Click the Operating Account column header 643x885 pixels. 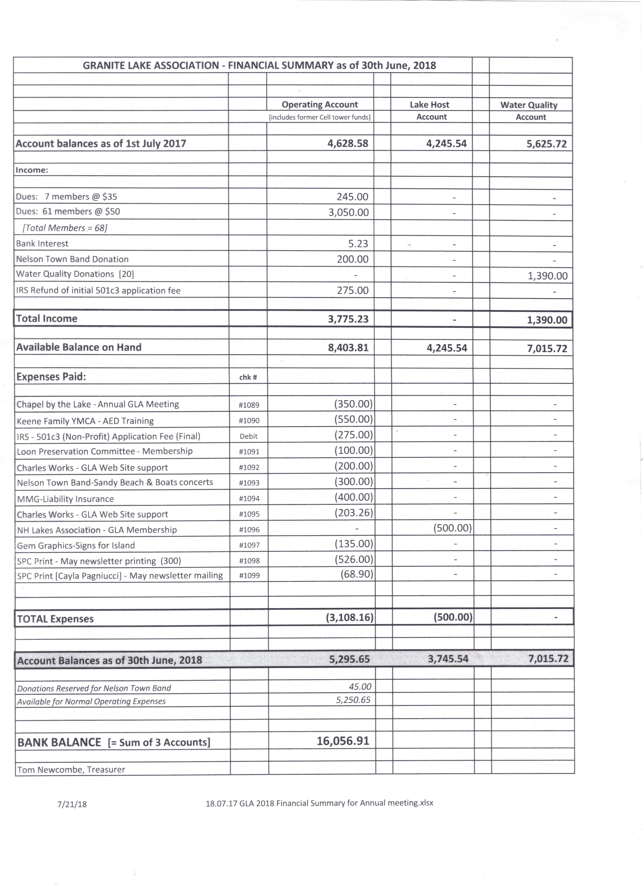(319, 105)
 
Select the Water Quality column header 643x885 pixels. (529, 105)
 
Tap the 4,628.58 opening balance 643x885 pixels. (348, 144)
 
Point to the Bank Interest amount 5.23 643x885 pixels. (358, 244)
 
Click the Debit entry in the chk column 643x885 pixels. (249, 436)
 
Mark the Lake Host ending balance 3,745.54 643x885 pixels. (448, 659)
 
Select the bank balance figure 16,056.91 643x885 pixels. (343, 741)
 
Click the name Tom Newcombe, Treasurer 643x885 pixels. (71, 770)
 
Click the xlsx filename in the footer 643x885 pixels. (319, 803)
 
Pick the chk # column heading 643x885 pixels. (248, 377)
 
